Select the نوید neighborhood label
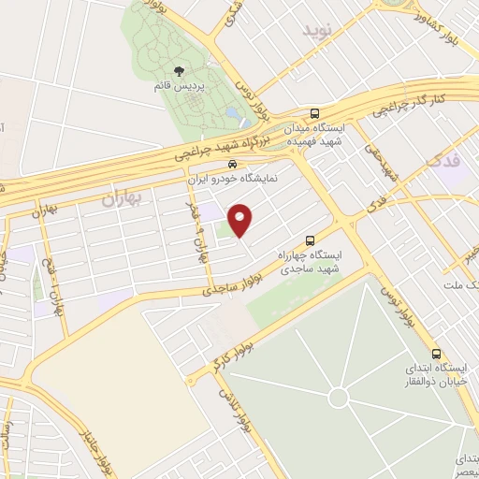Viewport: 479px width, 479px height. click(315, 29)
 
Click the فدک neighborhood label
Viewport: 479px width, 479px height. click(443, 160)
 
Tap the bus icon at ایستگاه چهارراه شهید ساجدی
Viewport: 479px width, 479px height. click(311, 239)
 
